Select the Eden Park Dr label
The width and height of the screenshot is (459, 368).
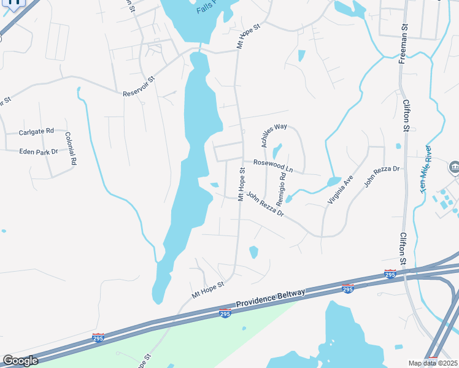[38, 151]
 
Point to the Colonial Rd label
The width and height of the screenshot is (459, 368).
[71, 149]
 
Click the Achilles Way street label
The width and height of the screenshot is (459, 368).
[274, 135]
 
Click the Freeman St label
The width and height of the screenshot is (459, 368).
[403, 44]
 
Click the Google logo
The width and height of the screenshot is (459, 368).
[20, 361]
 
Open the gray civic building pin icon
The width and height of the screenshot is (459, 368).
[454, 166]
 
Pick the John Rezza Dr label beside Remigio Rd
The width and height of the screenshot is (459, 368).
[265, 204]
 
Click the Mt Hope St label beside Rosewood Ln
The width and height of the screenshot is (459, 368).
[242, 183]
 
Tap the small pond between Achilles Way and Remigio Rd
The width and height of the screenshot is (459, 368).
[277, 150]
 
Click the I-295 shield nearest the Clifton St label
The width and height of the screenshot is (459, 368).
[390, 274]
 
